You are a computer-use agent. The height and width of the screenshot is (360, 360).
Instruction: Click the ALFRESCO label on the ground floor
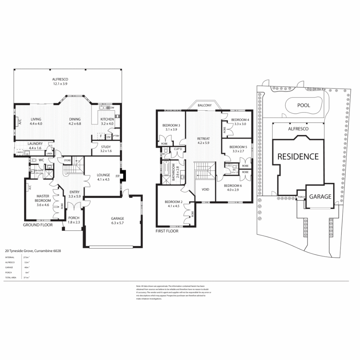coord(60,79)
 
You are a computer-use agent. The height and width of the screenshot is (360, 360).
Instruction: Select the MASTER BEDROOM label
coord(43,198)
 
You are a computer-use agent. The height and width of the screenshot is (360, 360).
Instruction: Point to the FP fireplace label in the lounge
coord(117,176)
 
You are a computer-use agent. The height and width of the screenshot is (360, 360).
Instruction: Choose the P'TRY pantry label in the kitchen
coord(116,136)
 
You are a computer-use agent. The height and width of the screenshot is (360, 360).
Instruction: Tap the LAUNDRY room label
coord(35,143)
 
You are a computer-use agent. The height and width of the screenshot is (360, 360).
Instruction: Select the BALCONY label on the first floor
coord(204,105)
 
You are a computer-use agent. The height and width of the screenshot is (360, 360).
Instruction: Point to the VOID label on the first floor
coord(206,189)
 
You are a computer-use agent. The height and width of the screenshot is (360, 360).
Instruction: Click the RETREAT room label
coord(203,140)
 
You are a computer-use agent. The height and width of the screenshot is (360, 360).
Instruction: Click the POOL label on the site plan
coord(303,105)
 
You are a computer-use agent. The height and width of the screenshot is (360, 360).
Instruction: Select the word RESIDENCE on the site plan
coord(298,156)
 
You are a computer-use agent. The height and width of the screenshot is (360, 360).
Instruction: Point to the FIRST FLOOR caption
coord(167,231)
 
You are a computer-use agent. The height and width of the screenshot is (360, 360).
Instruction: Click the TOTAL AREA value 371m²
coord(25,277)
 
